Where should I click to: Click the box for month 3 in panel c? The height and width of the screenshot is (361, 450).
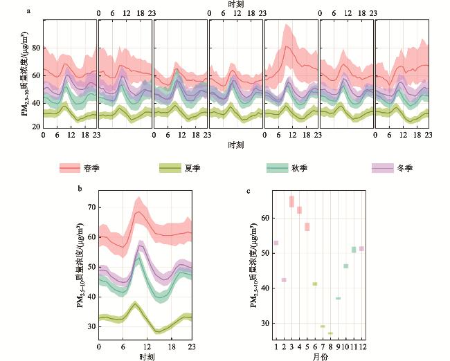point(291,201)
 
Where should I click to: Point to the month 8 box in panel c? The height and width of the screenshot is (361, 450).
point(330,333)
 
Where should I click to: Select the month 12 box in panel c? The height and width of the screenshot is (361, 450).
point(361,248)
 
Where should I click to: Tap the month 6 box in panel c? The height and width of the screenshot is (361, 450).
point(315,284)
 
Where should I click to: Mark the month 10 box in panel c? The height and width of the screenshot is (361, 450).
point(345,266)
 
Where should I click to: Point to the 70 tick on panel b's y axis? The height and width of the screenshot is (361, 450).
point(91,206)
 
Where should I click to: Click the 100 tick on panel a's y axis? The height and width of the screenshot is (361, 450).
point(35,22)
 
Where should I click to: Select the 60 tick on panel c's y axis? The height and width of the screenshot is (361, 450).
point(265,217)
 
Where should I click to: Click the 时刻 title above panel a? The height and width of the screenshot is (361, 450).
point(235,4)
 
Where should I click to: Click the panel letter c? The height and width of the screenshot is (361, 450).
point(249,189)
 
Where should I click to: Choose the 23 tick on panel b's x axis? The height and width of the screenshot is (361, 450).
point(192,346)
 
